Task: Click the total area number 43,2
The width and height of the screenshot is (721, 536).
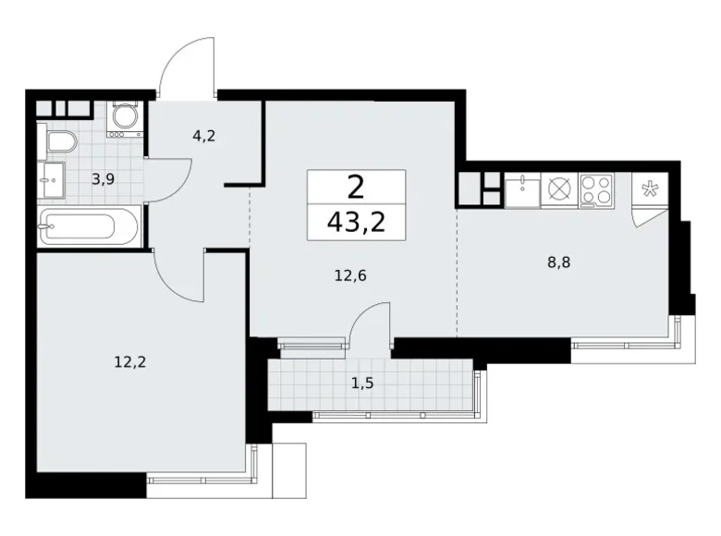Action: coord(356,222)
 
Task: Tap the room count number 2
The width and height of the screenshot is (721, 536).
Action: coord(356,188)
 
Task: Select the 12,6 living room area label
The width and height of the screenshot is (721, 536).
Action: coord(352,274)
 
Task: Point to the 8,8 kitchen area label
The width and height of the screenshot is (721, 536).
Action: coord(557,262)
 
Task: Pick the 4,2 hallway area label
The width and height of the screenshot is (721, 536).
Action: coord(203,136)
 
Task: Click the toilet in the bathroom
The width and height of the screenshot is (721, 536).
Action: coord(59,142)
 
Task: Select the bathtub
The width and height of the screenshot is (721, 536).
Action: coord(90,226)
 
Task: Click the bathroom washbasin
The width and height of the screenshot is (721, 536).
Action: coord(52,179)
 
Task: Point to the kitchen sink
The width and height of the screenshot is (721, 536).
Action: coord(521,190)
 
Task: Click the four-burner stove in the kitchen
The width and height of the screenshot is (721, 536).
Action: coord(596,190)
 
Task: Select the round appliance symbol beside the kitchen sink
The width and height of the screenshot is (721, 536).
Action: coord(559,190)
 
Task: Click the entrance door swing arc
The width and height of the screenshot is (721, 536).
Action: coord(188,65)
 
